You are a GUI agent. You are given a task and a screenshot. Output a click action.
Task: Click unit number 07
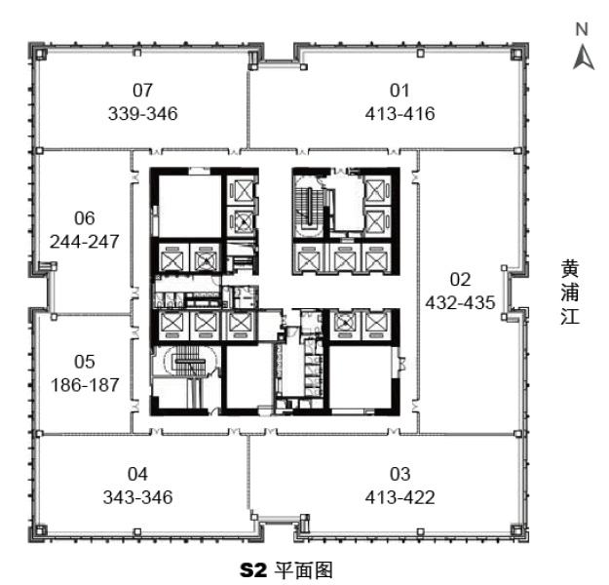click(142, 90)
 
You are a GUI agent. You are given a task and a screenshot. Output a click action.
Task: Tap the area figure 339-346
click(143, 113)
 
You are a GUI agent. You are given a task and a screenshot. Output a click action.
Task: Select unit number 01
click(400, 90)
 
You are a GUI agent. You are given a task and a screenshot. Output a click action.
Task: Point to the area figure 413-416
click(400, 113)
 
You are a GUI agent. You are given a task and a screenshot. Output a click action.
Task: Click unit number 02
click(460, 280)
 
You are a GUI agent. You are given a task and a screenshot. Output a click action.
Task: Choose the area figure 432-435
click(460, 303)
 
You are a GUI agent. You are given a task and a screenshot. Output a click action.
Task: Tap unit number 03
click(400, 474)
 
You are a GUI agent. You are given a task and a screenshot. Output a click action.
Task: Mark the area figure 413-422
click(400, 497)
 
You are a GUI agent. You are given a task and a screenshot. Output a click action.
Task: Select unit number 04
click(138, 474)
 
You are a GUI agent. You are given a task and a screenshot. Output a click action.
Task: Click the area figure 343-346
click(138, 497)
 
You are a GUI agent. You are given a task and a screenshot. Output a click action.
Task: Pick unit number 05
click(85, 362)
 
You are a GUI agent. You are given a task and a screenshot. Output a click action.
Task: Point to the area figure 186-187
click(85, 385)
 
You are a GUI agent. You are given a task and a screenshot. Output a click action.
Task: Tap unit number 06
click(85, 218)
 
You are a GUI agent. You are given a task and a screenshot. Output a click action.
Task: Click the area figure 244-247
click(84, 242)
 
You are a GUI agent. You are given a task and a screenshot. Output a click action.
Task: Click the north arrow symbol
click(584, 58)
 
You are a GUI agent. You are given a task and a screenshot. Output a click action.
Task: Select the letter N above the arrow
click(582, 29)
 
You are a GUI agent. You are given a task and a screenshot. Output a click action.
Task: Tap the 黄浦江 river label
click(570, 292)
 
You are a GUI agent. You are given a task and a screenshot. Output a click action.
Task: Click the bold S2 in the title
click(253, 570)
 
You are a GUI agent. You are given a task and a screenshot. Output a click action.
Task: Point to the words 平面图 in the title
click(304, 570)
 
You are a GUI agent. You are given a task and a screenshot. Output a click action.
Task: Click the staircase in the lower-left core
click(190, 361)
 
